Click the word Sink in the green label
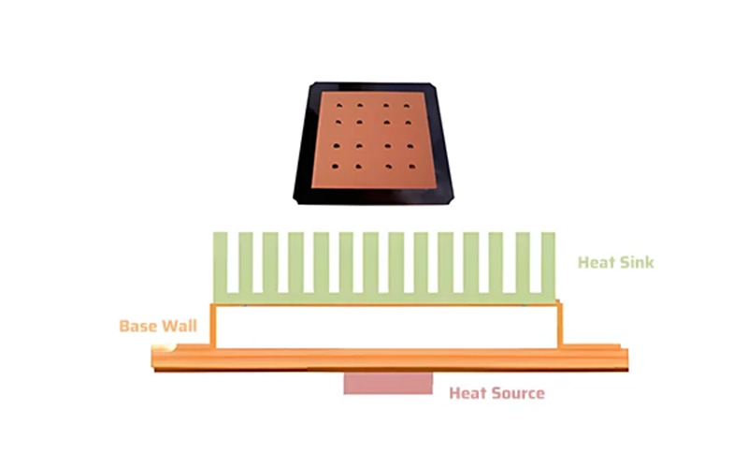(x=636, y=262)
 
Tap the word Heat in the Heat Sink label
(x=597, y=262)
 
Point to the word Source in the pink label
(x=518, y=393)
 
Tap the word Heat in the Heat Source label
(x=468, y=393)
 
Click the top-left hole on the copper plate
(x=339, y=103)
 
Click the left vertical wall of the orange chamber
(x=212, y=326)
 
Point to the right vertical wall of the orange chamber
(x=561, y=326)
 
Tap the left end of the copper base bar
(x=159, y=358)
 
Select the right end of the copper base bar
(x=622, y=358)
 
